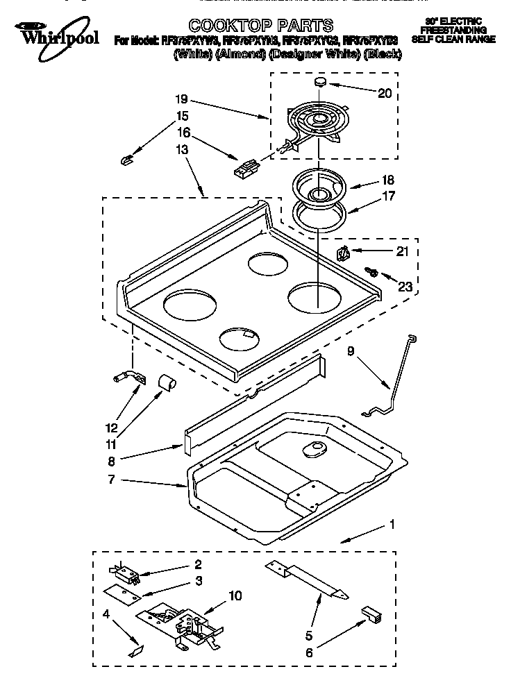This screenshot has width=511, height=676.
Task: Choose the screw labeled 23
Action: coord(371,273)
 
